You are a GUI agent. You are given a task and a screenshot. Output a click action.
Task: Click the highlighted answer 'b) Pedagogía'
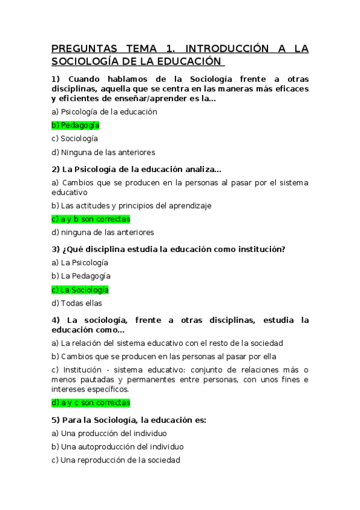pyautogui.click(x=76, y=125)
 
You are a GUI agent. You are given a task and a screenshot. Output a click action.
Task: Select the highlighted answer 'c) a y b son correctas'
pyautogui.click(x=91, y=219)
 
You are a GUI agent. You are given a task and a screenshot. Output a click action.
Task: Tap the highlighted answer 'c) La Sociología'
pyautogui.click(x=80, y=289)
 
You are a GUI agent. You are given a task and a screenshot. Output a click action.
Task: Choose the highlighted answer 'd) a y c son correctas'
pyautogui.click(x=91, y=402)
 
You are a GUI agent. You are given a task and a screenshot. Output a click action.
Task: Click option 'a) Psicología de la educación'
pyautogui.click(x=104, y=111)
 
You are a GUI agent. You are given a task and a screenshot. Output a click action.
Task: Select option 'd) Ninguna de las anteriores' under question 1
pyautogui.click(x=103, y=152)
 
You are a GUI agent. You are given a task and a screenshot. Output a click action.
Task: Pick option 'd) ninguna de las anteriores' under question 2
pyautogui.click(x=103, y=232)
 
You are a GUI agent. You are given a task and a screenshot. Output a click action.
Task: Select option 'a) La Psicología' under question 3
pyautogui.click(x=80, y=262)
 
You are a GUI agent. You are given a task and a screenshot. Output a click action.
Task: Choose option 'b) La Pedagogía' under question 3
pyautogui.click(x=81, y=275)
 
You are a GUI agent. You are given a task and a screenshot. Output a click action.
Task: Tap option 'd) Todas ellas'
pyautogui.click(x=77, y=303)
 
